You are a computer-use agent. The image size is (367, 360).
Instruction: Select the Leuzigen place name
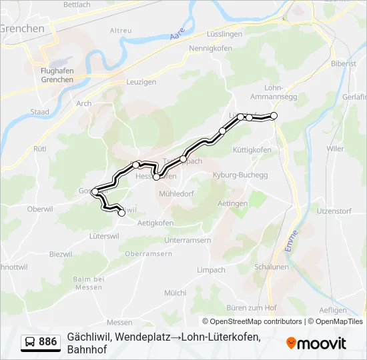141,82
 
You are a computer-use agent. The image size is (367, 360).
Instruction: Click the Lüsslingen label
230,33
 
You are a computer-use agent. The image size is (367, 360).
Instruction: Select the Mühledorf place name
177,193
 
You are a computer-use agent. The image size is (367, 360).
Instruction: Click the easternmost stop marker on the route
273,116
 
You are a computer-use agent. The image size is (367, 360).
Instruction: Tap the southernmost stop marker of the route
121,213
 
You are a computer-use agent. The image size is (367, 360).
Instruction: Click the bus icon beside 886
30,342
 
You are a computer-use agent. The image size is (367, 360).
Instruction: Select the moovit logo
316,343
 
